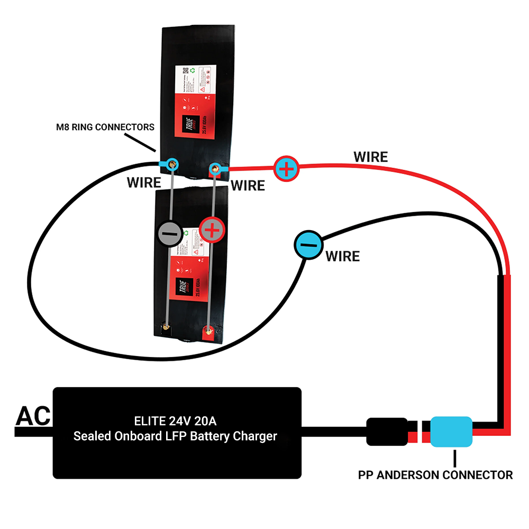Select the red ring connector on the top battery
point(215,169)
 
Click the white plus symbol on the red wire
point(286,169)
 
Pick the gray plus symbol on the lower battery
point(213,231)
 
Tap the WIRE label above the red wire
point(370,157)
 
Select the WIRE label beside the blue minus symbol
point(342,257)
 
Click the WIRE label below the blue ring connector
point(144,183)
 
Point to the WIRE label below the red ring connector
point(248,186)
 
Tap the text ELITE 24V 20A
point(175,422)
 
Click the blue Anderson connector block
point(451,432)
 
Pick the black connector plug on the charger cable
point(387,432)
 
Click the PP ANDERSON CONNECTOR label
point(435,475)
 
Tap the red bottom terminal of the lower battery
point(208,332)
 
